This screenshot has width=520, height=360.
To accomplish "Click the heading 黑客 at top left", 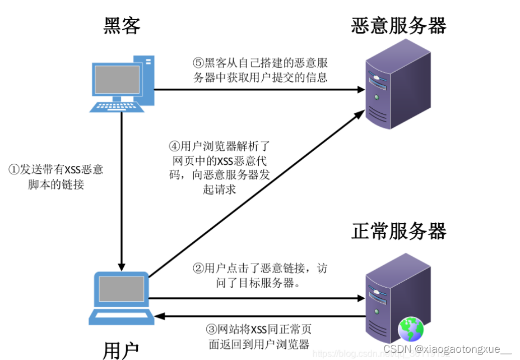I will coord(122,25).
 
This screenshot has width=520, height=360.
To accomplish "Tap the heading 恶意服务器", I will coord(398,25).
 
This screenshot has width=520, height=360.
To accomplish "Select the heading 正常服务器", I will coord(398,230).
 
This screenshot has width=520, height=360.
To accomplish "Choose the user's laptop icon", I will coord(120,298).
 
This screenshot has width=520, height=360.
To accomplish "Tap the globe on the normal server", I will coord(411,330).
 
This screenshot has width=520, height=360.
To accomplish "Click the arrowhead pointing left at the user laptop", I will coord(160,316).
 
